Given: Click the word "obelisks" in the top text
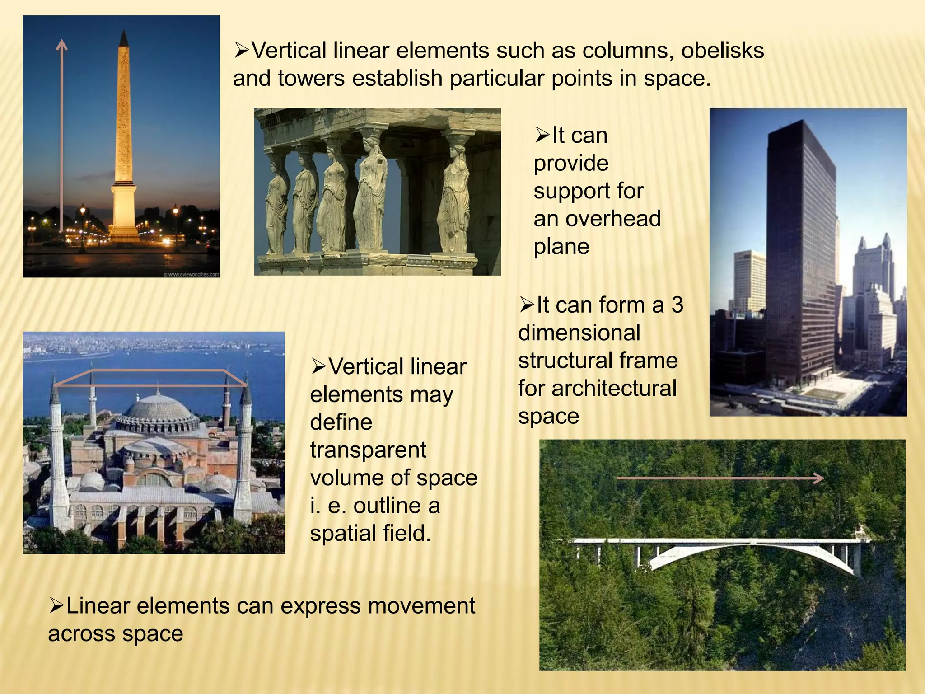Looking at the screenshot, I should (x=722, y=51).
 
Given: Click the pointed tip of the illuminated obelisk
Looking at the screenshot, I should (x=123, y=36).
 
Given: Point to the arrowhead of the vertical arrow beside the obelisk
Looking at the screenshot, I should (x=62, y=44).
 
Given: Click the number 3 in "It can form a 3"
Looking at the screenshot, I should (x=677, y=305).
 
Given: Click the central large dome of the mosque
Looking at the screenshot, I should (x=157, y=409).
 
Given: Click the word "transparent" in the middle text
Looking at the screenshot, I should (x=368, y=450).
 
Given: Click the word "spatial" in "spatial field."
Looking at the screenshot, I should (x=343, y=534).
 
